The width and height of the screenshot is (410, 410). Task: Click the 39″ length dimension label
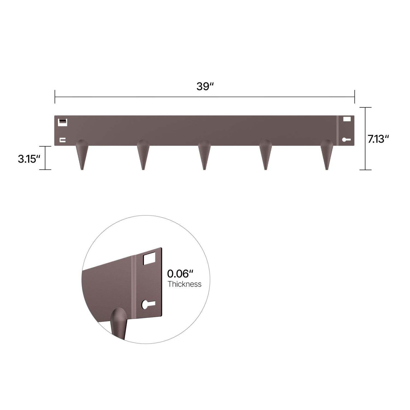(x=205, y=86)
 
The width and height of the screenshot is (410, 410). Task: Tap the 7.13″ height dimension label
(x=378, y=139)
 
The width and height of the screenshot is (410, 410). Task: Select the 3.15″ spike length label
(x=29, y=159)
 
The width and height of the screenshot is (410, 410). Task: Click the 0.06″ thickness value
(x=180, y=274)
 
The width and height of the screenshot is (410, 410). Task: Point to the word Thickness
(x=184, y=284)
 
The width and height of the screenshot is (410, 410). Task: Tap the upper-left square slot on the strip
(x=63, y=122)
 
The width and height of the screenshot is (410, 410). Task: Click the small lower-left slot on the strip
(x=63, y=140)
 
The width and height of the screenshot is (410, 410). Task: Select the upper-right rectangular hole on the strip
(x=347, y=119)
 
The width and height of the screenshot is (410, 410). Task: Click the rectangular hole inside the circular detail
(x=149, y=258)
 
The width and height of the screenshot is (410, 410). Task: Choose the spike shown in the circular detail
(x=119, y=323)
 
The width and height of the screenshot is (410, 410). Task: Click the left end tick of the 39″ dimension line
(x=55, y=97)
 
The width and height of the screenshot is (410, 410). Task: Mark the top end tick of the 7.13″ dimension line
(x=365, y=108)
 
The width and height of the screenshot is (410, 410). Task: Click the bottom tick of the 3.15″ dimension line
(x=45, y=170)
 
